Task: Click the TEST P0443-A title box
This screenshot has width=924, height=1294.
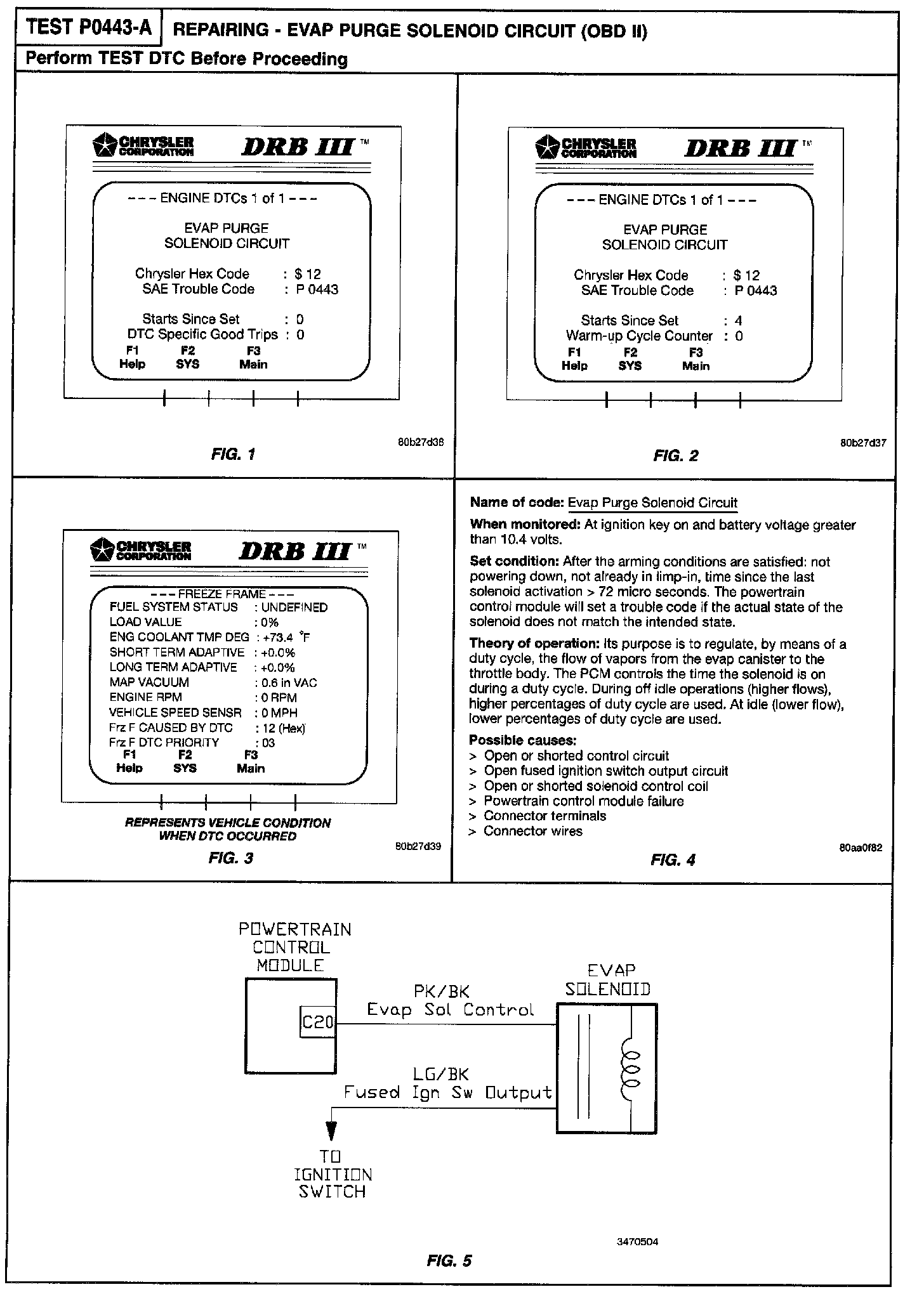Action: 90,29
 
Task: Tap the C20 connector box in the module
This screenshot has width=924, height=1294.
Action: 317,1022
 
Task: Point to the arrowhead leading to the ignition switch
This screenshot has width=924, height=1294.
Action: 331,1131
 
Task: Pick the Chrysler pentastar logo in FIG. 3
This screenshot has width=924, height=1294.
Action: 102,549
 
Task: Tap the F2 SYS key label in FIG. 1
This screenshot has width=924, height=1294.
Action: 187,358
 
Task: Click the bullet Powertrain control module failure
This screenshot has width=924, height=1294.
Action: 583,801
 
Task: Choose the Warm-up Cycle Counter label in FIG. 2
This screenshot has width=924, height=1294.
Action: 639,336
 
